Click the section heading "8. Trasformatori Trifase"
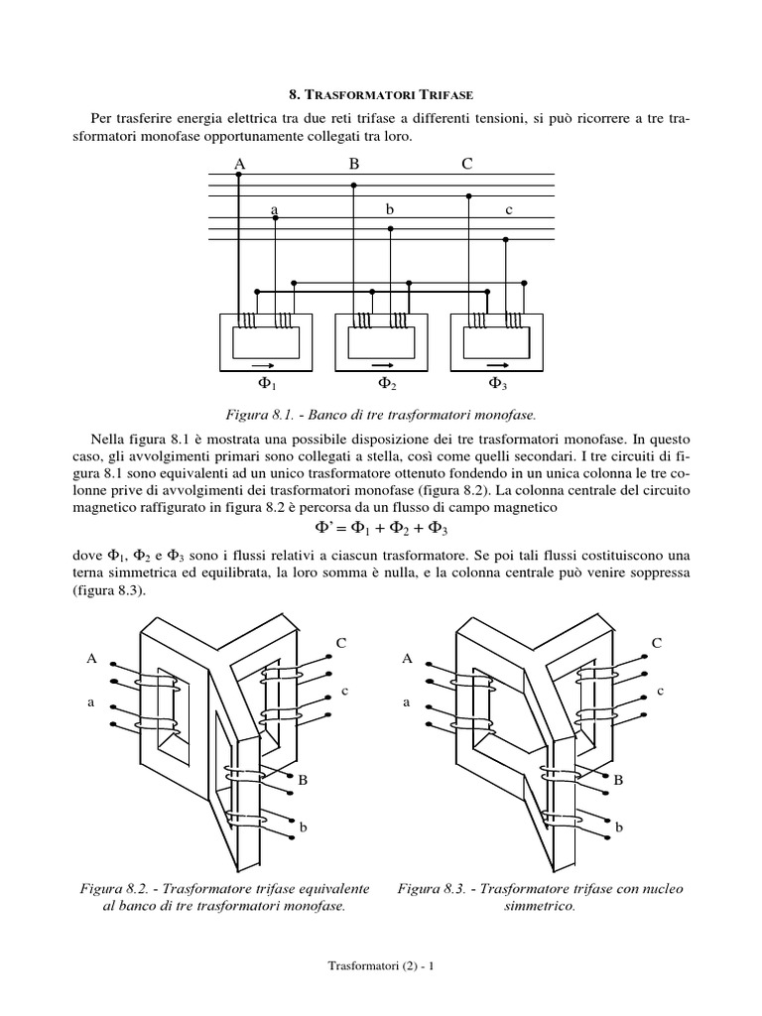[381, 95]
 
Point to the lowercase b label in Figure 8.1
[390, 209]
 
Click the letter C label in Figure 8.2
[341, 643]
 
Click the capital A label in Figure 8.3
[407, 658]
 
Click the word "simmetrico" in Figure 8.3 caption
[540, 907]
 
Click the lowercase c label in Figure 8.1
[508, 209]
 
